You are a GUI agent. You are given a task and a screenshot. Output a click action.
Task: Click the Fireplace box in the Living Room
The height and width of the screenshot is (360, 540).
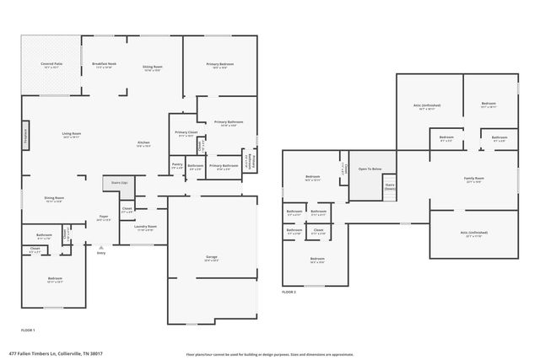click(x=26, y=136)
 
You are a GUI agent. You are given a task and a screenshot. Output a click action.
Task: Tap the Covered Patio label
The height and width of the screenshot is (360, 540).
click(x=51, y=65)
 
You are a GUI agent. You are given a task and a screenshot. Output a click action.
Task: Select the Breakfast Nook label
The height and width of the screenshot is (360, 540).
click(x=104, y=65)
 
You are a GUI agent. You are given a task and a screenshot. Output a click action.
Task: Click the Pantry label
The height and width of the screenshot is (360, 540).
click(x=177, y=165)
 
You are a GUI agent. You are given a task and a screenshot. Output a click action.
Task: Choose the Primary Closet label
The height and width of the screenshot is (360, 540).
click(x=186, y=134)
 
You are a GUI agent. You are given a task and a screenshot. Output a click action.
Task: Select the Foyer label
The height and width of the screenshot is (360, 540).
click(x=103, y=218)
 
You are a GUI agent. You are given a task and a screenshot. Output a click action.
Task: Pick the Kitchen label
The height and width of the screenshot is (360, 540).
click(x=143, y=144)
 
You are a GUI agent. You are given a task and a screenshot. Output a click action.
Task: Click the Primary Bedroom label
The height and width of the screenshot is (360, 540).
click(x=220, y=65)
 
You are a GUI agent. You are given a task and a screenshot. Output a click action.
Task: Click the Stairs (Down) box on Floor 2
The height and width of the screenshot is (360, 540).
click(x=390, y=187)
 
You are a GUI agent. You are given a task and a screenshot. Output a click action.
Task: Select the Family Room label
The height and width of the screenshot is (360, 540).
click(x=473, y=179)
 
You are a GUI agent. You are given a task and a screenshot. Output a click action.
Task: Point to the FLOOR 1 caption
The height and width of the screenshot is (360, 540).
click(x=28, y=330)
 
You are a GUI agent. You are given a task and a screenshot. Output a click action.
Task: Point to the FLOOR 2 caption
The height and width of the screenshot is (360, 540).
click(x=289, y=292)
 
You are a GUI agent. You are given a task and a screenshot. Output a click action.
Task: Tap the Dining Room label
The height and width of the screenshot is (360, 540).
click(x=54, y=199)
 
